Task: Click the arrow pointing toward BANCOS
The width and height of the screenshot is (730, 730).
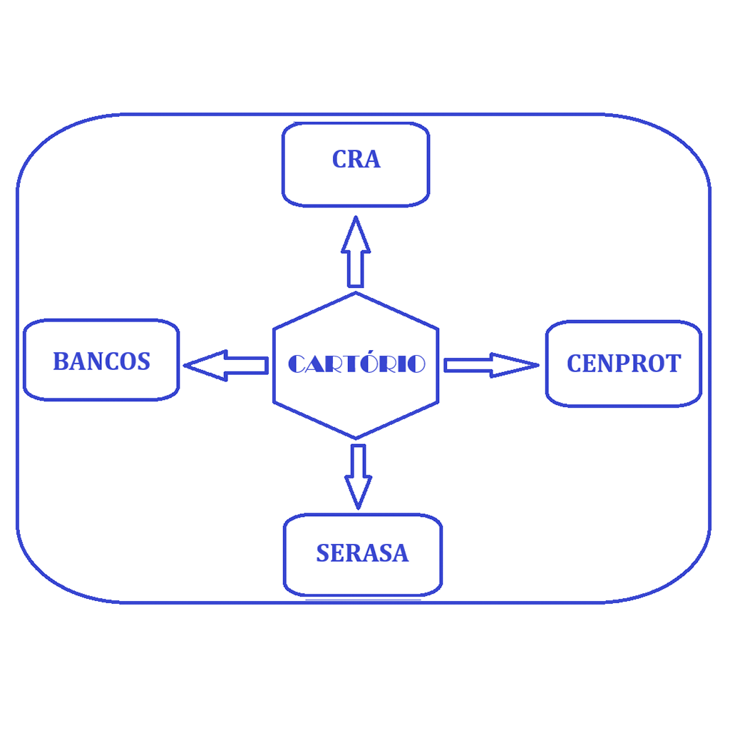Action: coord(225,365)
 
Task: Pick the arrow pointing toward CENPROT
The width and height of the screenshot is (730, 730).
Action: coord(490,365)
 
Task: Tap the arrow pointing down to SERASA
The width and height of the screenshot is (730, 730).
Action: coord(358,475)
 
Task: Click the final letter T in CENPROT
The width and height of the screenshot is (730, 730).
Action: coord(672,364)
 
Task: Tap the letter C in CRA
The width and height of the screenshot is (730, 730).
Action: coord(340,160)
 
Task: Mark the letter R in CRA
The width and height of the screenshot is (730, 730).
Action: coord(356,160)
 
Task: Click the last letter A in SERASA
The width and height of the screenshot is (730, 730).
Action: coord(401,554)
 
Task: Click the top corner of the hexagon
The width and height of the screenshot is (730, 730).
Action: coord(356,292)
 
